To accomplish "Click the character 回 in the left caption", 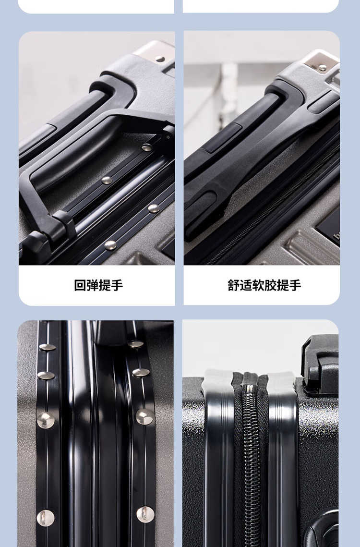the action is pyautogui.click(x=80, y=285).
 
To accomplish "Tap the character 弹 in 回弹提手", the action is pyautogui.click(x=93, y=285).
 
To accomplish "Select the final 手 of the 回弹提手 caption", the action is pyautogui.click(x=117, y=285).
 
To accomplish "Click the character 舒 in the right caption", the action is pyautogui.click(x=234, y=285).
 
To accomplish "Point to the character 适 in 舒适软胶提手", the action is pyautogui.click(x=246, y=285).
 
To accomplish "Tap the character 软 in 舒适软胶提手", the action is pyautogui.click(x=258, y=285).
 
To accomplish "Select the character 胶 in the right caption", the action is pyautogui.click(x=270, y=285).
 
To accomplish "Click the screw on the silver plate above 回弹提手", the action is pyautogui.click(x=160, y=59).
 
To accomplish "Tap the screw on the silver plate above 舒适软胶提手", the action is pyautogui.click(x=323, y=67).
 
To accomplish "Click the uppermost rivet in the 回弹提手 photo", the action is pyautogui.click(x=147, y=147).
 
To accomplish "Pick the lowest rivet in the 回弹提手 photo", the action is pyautogui.click(x=110, y=245).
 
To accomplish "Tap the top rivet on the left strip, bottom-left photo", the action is pyautogui.click(x=48, y=347).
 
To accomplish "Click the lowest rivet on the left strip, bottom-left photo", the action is pyautogui.click(x=46, y=518).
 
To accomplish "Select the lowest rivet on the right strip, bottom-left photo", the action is pyautogui.click(x=145, y=514).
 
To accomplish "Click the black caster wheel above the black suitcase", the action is pyautogui.click(x=320, y=365).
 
